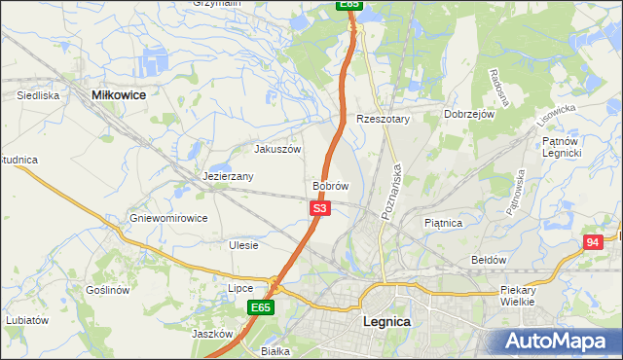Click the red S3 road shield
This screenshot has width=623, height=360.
[x=321, y=208]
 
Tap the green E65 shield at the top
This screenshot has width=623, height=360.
[x=350, y=5]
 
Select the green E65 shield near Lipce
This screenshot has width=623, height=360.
[x=260, y=307]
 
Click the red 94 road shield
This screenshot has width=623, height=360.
[x=592, y=242]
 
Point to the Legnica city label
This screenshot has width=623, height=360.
[x=386, y=321]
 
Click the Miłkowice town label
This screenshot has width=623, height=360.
[x=118, y=95]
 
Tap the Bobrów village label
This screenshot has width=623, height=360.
[x=331, y=185]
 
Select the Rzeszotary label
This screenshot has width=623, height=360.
[x=384, y=119]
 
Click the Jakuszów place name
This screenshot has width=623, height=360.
[x=277, y=150]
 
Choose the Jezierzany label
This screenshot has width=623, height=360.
[x=229, y=177]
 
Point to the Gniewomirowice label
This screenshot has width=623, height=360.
[x=169, y=218]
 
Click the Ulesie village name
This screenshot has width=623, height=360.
[x=243, y=245]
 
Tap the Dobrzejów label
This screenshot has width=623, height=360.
[x=470, y=114]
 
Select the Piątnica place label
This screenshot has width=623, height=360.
[x=444, y=223]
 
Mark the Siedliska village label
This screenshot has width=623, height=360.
[x=39, y=95]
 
